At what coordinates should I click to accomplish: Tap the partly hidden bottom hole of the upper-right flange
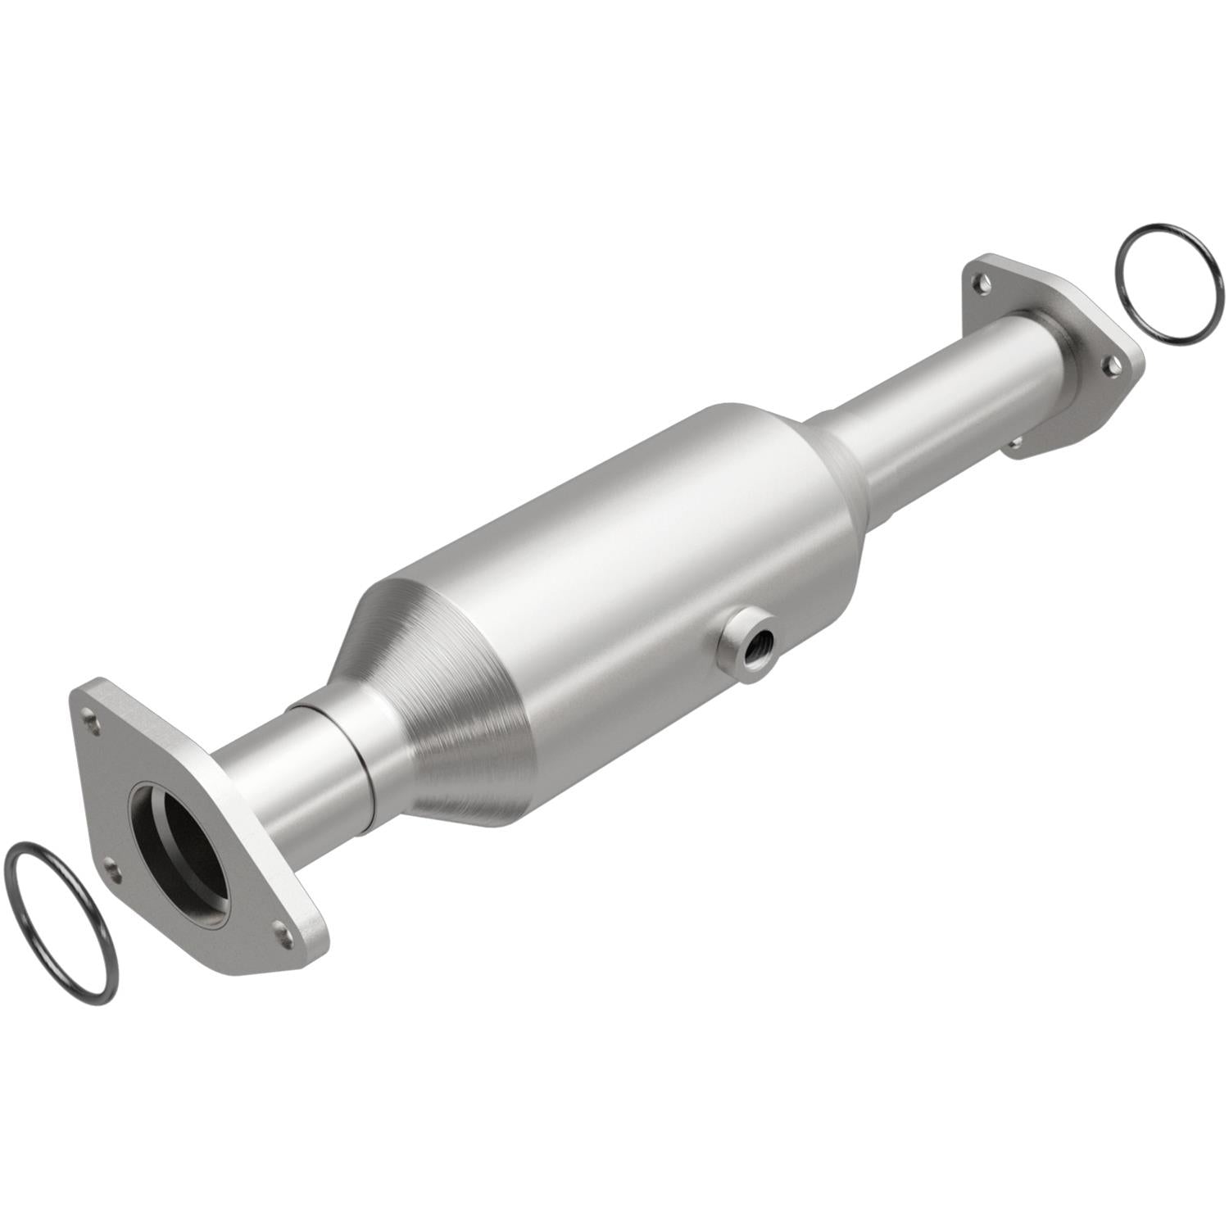pos(1016,442)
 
